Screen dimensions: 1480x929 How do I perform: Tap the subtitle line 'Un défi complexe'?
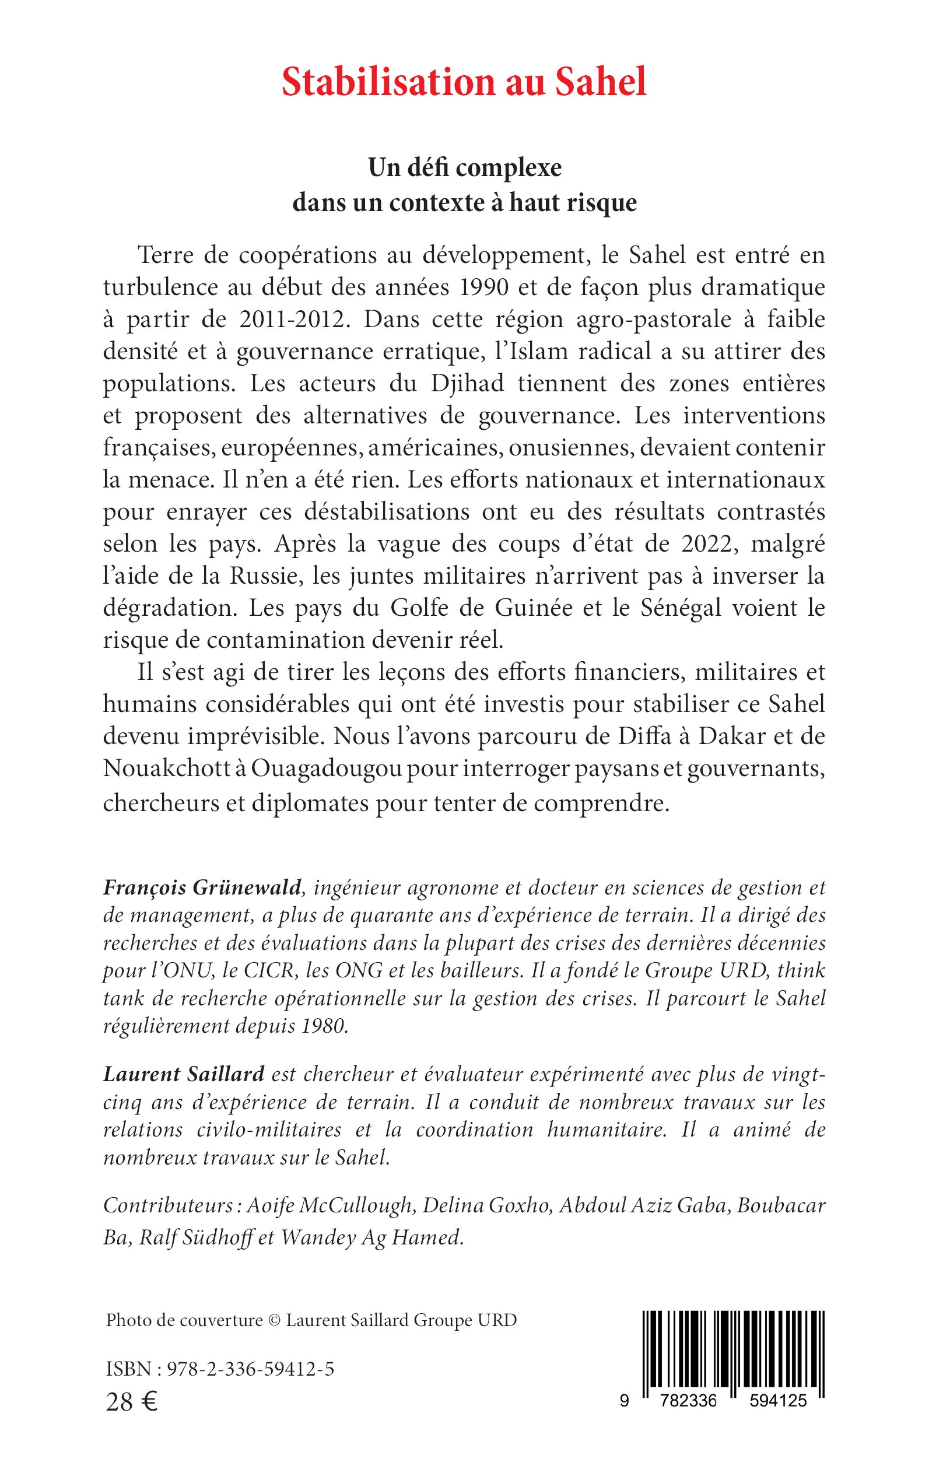[464, 168]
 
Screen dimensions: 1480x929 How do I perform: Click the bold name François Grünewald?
[202, 887]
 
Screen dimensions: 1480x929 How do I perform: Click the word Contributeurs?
[167, 1205]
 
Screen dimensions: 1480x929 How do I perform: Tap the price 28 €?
[131, 1401]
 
